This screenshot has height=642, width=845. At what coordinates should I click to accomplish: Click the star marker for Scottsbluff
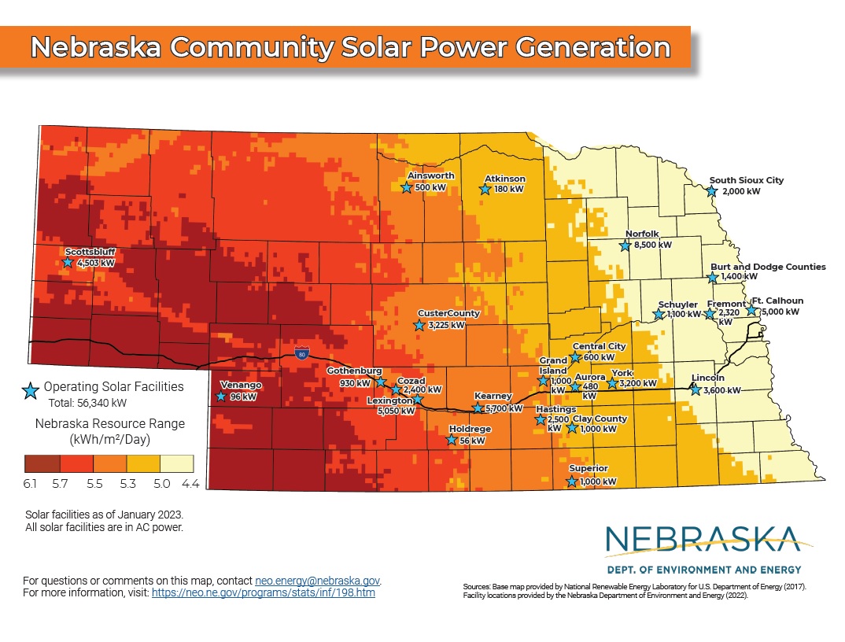(x=68, y=263)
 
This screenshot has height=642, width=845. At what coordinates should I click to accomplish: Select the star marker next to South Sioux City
(x=712, y=191)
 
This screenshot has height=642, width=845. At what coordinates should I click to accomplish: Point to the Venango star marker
(x=221, y=397)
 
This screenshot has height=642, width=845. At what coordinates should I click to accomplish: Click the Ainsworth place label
(x=430, y=175)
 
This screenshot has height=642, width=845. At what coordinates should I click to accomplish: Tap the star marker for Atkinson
(x=485, y=189)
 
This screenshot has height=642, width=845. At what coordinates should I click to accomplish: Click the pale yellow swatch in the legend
(x=175, y=462)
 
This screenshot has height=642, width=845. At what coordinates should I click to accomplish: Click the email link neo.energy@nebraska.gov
(x=318, y=580)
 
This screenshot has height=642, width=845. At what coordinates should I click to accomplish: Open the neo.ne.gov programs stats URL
(x=263, y=592)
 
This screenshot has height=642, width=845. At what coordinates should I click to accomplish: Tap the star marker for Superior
(x=572, y=481)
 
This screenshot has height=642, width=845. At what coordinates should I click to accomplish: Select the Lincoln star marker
(x=695, y=389)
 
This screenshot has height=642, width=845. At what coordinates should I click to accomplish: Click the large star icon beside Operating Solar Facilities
(x=31, y=391)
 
